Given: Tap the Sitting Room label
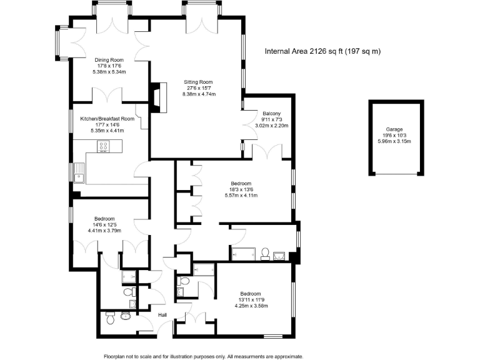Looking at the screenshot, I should click(x=198, y=82).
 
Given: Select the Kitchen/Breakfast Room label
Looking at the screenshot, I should click(x=107, y=118).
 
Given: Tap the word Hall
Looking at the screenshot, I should click(x=162, y=315).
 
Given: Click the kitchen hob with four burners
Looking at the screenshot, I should click(x=104, y=147).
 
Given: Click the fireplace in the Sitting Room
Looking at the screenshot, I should click(x=156, y=96).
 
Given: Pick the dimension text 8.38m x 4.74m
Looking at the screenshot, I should click(x=199, y=94).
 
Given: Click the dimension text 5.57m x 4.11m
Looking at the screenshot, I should click(x=241, y=196).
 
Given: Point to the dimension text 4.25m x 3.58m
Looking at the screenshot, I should click(x=251, y=306).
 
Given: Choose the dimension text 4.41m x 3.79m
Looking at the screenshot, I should click(x=104, y=231).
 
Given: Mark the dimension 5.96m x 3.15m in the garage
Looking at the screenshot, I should click(x=394, y=141).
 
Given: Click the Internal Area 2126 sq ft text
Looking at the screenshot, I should click(x=323, y=51).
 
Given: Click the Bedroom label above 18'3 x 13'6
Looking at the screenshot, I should click(x=241, y=183).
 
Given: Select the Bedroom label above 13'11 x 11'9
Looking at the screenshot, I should click(x=251, y=294).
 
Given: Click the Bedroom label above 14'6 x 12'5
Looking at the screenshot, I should click(x=104, y=218).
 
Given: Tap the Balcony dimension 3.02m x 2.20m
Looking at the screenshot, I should click(x=271, y=126).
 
